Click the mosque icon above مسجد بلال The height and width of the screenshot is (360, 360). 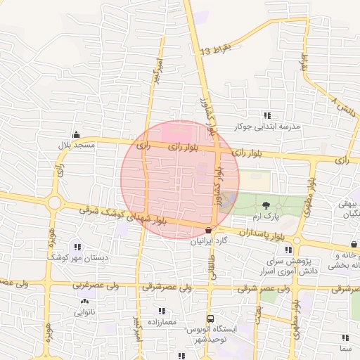point(76,135)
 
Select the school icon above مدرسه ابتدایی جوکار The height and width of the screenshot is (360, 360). point(266,115)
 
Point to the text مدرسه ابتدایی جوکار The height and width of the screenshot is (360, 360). point(266,127)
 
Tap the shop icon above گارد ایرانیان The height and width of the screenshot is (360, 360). point(208,230)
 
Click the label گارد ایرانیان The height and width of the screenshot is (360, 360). point(210,240)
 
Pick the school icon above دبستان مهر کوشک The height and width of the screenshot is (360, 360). point(77,247)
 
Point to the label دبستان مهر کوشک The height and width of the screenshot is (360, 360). point(77,258)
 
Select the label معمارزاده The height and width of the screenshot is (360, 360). point(161,311)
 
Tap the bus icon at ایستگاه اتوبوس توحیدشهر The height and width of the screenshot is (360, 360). point(210,319)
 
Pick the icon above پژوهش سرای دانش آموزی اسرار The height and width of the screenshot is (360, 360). point(289,250)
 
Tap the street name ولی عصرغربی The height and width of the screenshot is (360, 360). point(95,285)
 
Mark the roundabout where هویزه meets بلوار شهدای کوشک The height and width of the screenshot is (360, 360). point(54,202)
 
